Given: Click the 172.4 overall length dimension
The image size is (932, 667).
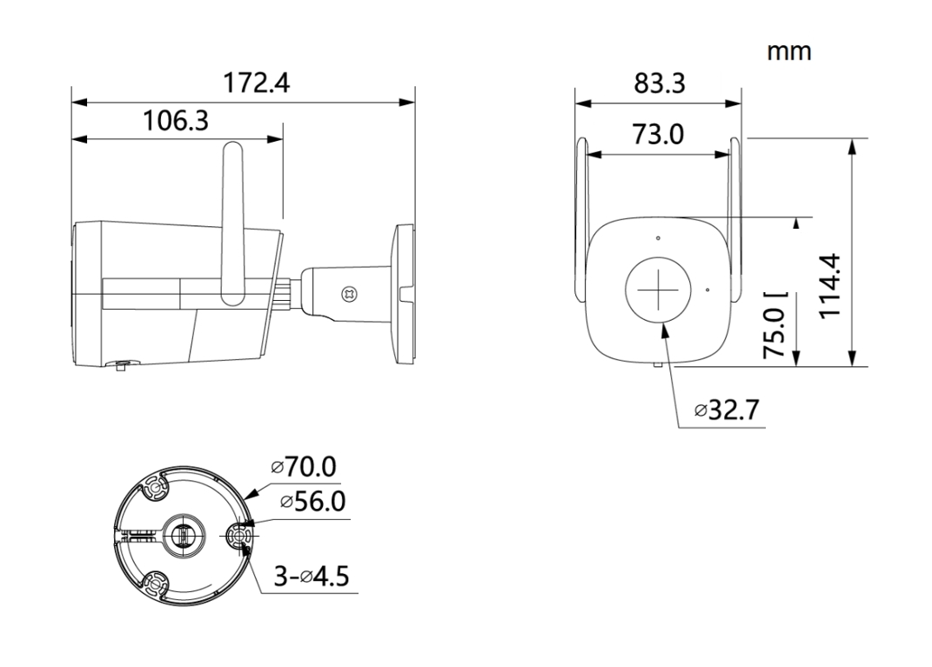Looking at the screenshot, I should pyautogui.click(x=257, y=84).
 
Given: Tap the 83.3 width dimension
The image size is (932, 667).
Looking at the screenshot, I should pyautogui.click(x=660, y=84).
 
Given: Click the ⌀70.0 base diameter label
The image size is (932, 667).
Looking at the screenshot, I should pyautogui.click(x=303, y=468).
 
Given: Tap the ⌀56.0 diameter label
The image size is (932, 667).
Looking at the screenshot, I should pyautogui.click(x=312, y=502).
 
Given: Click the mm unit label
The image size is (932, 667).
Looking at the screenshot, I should pyautogui.click(x=788, y=51).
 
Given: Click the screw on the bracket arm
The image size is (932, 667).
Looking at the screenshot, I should pyautogui.click(x=351, y=294).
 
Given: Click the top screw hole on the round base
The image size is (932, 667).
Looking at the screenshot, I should pyautogui.click(x=157, y=492).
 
